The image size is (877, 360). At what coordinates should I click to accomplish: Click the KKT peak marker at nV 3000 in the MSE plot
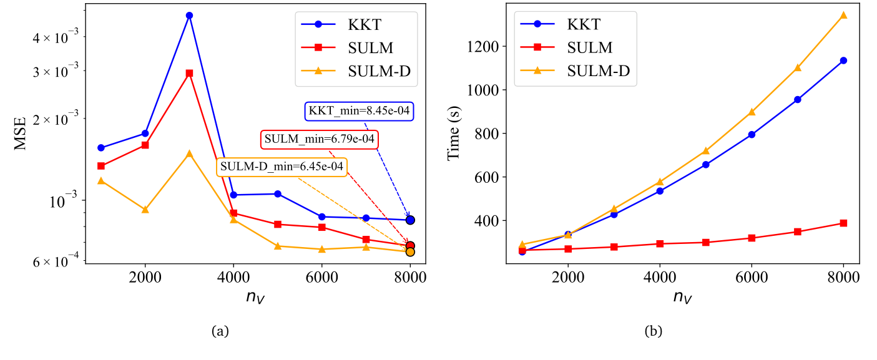click(189, 15)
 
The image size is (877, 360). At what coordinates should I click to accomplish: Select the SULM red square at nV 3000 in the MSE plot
click(189, 73)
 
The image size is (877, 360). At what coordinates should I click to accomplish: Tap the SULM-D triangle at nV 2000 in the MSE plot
click(145, 210)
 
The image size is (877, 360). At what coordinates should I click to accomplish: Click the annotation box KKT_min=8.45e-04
click(360, 112)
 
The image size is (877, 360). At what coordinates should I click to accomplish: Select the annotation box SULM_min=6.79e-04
click(319, 139)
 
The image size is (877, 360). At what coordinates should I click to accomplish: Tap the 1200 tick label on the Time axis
click(483, 47)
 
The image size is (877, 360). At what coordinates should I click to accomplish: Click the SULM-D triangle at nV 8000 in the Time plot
click(843, 15)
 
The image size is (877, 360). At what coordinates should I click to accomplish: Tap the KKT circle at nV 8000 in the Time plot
click(843, 61)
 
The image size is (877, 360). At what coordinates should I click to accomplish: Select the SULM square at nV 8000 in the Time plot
click(843, 223)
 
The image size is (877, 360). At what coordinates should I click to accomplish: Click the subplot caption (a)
click(219, 331)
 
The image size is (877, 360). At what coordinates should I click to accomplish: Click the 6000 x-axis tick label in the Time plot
click(752, 277)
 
